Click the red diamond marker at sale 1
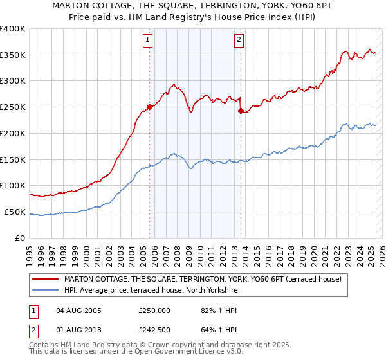(x=149, y=107)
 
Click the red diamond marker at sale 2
(x=241, y=111)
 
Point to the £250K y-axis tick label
(x=13, y=107)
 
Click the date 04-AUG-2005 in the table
(x=78, y=310)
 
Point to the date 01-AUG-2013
(x=78, y=330)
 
